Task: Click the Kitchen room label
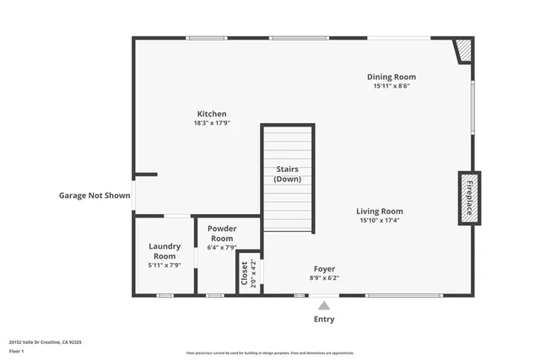pos(212,114)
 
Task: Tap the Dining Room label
pos(391,77)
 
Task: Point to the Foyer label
pos(325,269)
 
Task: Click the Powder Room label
pos(222,234)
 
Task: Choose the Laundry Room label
pos(165,251)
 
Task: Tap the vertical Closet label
pos(245,274)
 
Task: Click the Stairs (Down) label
pos(288,175)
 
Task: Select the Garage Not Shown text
pos(94,196)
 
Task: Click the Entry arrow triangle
pos(324,304)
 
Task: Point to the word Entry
pos(324,320)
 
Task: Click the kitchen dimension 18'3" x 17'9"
pos(212,123)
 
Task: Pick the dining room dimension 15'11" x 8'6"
pos(391,86)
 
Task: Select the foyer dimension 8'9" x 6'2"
pos(325,277)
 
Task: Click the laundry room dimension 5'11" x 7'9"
pos(165,266)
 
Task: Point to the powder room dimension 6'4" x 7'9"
pos(222,247)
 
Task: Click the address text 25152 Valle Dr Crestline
pos(45,342)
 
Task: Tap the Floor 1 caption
pos(17,350)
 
